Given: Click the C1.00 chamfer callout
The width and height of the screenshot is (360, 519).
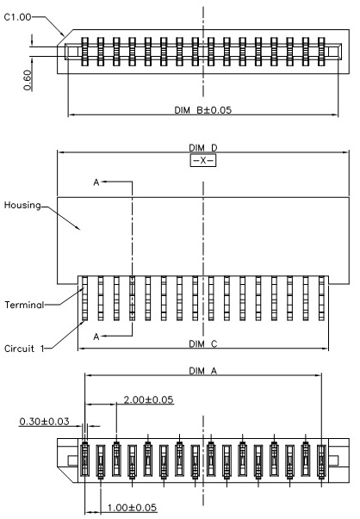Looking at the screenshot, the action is [x=17, y=17].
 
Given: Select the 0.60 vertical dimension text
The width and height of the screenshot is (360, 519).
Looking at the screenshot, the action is [x=28, y=80].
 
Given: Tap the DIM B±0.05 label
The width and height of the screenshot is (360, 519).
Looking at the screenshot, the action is [x=203, y=110].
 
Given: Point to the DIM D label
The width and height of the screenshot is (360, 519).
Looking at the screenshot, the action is [x=203, y=148].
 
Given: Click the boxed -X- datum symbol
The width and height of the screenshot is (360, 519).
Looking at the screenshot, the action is [x=203, y=161].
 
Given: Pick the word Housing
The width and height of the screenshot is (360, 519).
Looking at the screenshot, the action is [x=22, y=206].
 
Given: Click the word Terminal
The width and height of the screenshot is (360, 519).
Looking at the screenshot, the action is [x=24, y=305].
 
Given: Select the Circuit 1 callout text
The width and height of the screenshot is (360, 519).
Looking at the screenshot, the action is [x=24, y=349].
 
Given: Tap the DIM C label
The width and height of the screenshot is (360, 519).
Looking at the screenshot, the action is [x=203, y=344].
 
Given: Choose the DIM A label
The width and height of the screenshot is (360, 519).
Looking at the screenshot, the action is [x=203, y=371].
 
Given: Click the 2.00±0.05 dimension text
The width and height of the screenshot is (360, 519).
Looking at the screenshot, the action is [x=148, y=400].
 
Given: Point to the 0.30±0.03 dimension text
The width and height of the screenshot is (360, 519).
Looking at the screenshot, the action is [x=44, y=422].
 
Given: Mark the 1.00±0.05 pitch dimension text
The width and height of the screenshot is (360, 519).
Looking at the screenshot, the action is [x=132, y=508].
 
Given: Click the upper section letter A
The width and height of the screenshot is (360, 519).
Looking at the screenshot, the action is [x=96, y=182].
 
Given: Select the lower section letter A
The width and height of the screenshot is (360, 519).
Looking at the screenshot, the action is [x=96, y=337].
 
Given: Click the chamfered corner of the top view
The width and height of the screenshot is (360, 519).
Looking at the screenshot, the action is [x=65, y=37].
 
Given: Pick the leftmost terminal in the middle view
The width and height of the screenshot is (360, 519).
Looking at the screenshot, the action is [x=84, y=298].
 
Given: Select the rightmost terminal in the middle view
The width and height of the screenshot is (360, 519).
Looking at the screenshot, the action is [x=321, y=298].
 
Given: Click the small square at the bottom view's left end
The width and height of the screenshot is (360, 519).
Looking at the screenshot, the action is [x=73, y=460].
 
